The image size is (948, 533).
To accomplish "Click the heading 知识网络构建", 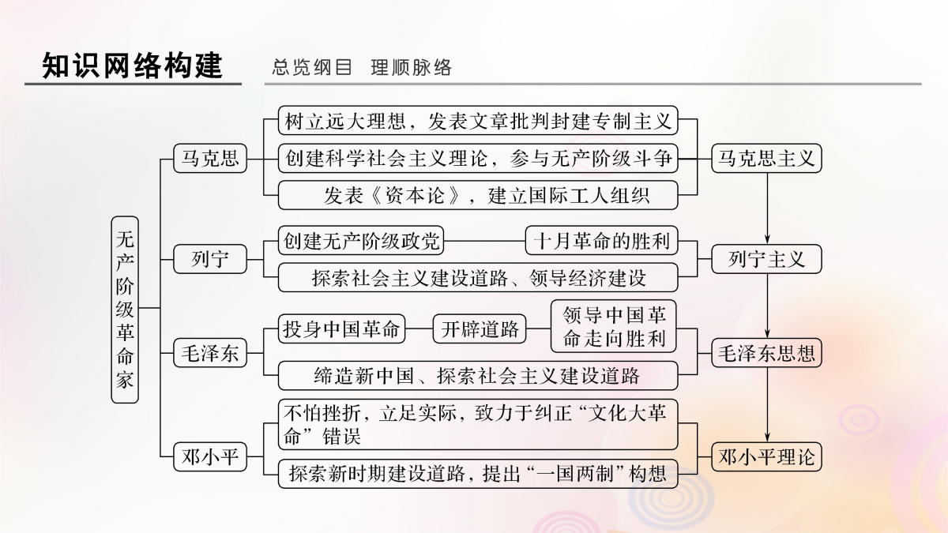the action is (133, 66).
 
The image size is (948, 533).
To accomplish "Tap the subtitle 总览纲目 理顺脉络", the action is (362, 67).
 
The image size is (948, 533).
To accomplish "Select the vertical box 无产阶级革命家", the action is (125, 310).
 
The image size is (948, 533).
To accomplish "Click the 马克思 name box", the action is (210, 158).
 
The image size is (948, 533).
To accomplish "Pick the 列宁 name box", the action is (210, 259).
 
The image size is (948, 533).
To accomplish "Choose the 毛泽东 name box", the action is (210, 353).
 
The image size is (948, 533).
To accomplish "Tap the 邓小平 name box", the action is (210, 457).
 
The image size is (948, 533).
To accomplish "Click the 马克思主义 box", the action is (766, 158).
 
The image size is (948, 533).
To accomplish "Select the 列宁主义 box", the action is (766, 259).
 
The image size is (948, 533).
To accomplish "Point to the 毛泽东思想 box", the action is (766, 353).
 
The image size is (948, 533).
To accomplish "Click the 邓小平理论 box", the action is (766, 457).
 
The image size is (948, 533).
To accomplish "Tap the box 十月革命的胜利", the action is (601, 241).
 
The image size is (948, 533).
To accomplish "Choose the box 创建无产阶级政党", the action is (361, 241).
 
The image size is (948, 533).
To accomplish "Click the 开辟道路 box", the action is (480, 328).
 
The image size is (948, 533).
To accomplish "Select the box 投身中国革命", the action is (341, 328).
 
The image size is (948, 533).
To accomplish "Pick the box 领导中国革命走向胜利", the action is (614, 326).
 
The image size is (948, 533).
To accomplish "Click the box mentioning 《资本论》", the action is (478, 195).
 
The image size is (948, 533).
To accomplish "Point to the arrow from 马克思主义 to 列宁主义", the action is (767, 208).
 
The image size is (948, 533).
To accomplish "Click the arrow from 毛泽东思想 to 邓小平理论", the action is (767, 405).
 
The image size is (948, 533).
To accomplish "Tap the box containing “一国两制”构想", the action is (478, 474).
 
